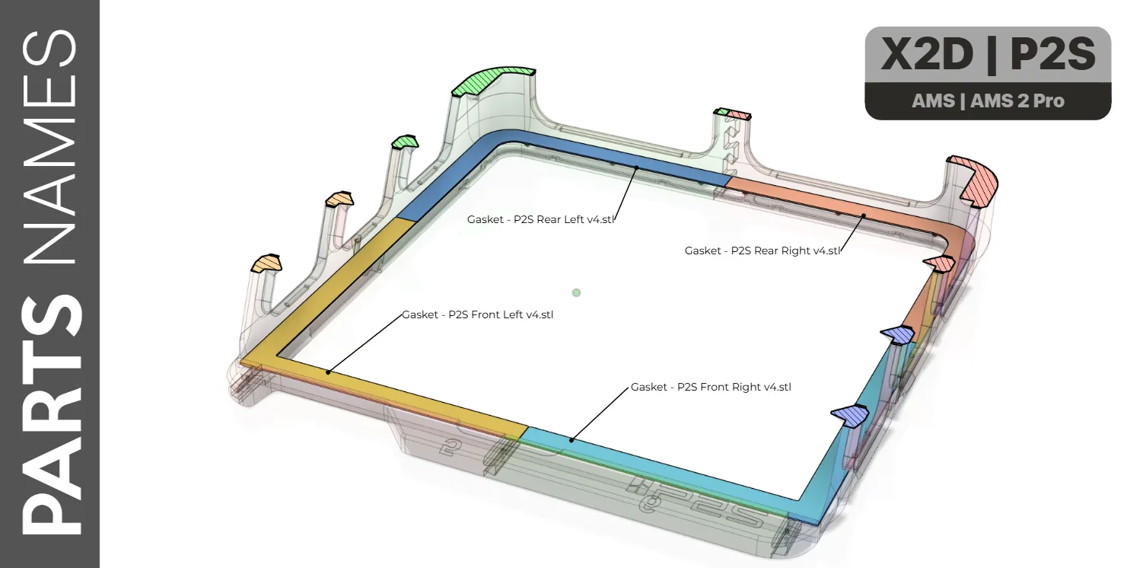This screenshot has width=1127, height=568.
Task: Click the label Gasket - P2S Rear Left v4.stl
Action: pos(540,219)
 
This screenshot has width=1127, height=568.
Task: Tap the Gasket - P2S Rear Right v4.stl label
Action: pos(762,250)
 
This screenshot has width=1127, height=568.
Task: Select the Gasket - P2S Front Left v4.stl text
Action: pos(477,314)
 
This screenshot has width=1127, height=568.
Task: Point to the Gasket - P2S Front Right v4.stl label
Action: pos(711,388)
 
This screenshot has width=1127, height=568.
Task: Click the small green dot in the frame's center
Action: pos(576,292)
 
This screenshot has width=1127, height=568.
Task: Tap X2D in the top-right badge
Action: pos(927,54)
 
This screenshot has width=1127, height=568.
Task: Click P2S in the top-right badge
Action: pos(1052,54)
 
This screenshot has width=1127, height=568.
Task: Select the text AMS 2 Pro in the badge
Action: pos(1017,101)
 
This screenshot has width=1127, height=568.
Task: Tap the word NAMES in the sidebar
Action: pos(50,147)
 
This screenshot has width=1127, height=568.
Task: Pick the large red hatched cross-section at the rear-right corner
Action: pos(976,181)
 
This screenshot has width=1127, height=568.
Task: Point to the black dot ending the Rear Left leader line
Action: pos(636,168)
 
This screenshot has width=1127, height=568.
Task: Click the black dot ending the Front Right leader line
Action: pos(571,440)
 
